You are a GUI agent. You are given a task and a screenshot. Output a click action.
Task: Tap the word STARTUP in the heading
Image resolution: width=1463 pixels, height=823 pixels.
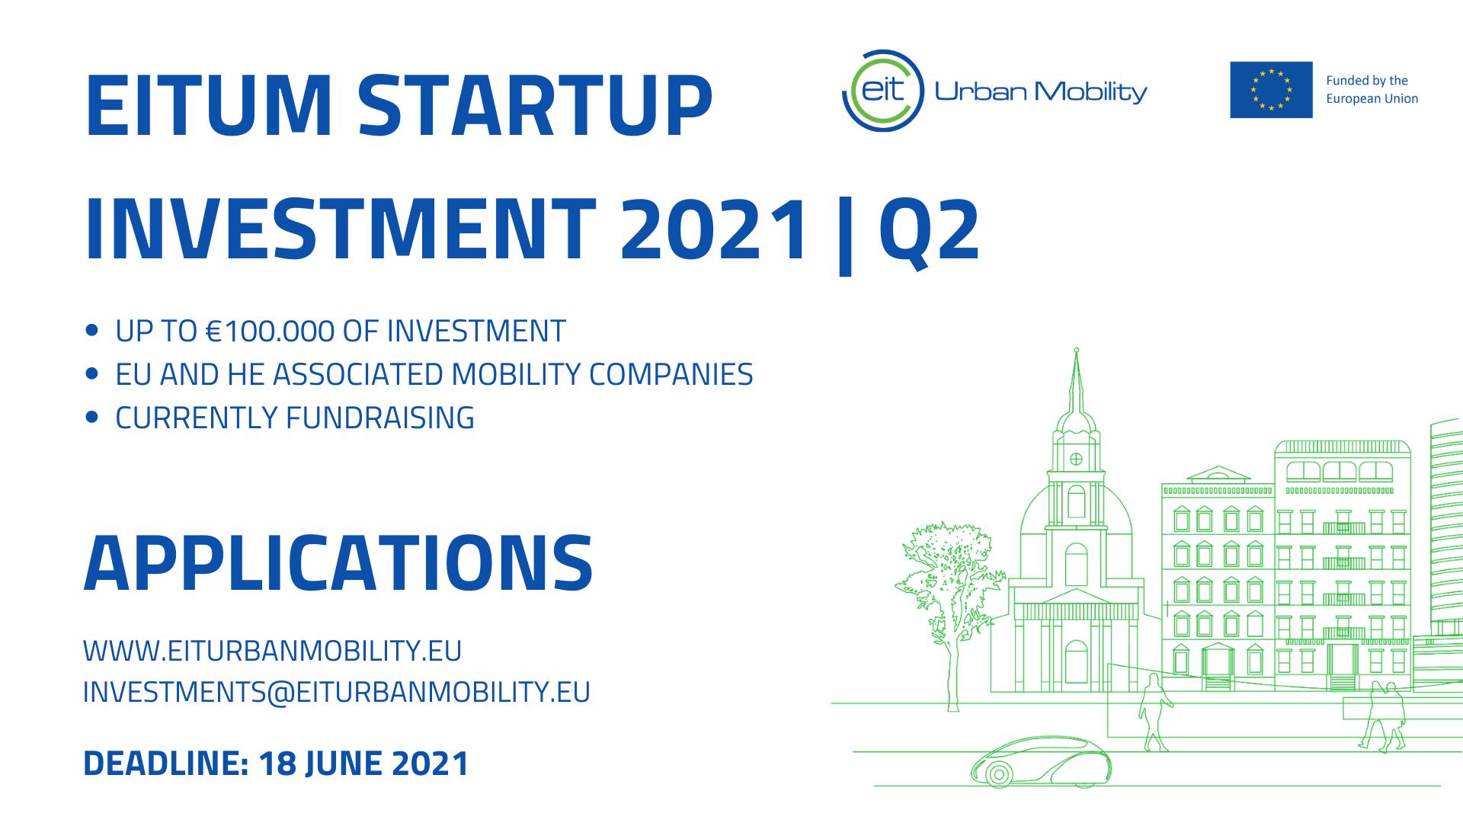(x=535, y=106)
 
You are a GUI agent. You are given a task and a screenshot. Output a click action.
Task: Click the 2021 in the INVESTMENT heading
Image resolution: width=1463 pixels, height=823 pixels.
(x=714, y=229)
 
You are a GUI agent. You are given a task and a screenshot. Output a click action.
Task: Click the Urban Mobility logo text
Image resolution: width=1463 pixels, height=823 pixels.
(x=1041, y=91)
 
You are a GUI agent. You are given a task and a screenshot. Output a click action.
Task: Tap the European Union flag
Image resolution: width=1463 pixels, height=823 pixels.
(x=1271, y=90)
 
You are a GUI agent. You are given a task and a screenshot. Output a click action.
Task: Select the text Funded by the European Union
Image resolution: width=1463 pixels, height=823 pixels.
(x=1372, y=90)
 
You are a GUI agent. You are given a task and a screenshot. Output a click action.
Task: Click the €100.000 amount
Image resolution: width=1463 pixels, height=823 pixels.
(x=271, y=331)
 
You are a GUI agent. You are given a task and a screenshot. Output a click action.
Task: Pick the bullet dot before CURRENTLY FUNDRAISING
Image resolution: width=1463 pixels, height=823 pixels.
(x=92, y=417)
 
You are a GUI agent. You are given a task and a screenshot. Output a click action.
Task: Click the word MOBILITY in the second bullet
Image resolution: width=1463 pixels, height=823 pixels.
(x=517, y=375)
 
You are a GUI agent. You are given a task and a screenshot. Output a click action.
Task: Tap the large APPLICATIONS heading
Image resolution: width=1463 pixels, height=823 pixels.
(x=338, y=563)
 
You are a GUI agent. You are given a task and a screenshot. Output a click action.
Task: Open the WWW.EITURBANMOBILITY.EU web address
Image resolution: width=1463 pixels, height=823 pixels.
(x=272, y=652)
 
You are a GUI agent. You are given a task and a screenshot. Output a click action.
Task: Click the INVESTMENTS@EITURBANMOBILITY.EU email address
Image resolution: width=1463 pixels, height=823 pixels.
(x=336, y=693)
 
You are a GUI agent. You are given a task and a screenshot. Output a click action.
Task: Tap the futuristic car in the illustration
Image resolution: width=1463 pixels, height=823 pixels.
(x=1041, y=761)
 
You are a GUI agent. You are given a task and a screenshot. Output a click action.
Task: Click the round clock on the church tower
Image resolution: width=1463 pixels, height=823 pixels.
(x=1076, y=459)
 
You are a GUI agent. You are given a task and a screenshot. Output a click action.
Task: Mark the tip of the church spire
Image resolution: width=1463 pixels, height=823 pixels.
(x=1077, y=350)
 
